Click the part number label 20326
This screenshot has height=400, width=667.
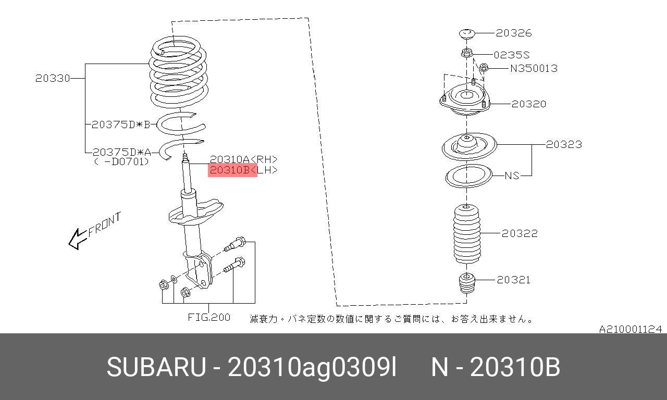514,33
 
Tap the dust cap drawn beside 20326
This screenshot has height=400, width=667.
466,34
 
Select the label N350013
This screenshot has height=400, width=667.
534,68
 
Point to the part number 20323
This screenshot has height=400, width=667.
564,144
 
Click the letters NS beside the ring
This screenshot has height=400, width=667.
512,176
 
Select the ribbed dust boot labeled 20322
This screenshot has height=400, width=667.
466,234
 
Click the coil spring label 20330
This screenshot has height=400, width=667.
53,78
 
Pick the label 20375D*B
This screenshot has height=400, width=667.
121,124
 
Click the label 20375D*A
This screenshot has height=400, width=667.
122,153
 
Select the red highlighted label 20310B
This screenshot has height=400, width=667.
232,170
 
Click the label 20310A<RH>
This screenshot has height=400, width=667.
243,159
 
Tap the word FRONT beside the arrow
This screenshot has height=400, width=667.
105,224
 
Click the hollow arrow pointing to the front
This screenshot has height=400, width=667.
78,239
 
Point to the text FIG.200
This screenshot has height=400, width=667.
209,317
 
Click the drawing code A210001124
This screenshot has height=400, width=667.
631,329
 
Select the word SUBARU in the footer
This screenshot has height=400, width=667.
156,367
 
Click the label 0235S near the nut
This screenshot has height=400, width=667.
512,55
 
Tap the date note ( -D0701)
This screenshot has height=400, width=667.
121,161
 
